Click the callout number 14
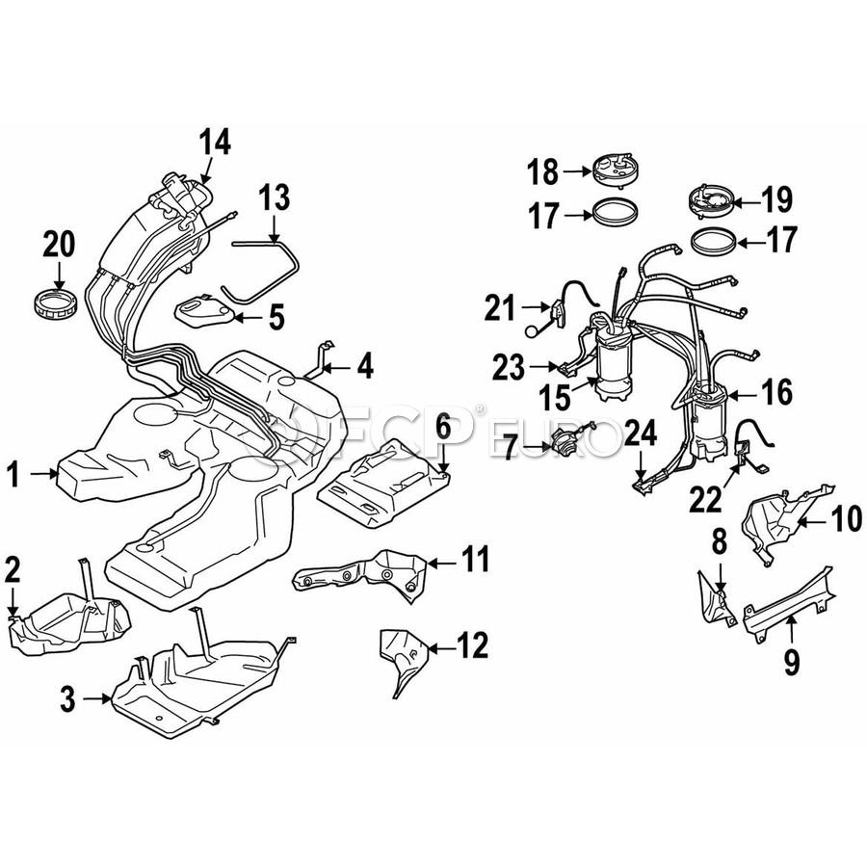[x=215, y=143]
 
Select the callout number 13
[x=274, y=200]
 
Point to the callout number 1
[x=15, y=474]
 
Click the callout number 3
[x=66, y=700]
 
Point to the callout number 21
[x=502, y=308]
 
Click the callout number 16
[x=776, y=392]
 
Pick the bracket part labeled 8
[x=714, y=598]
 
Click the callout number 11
[x=474, y=559]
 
